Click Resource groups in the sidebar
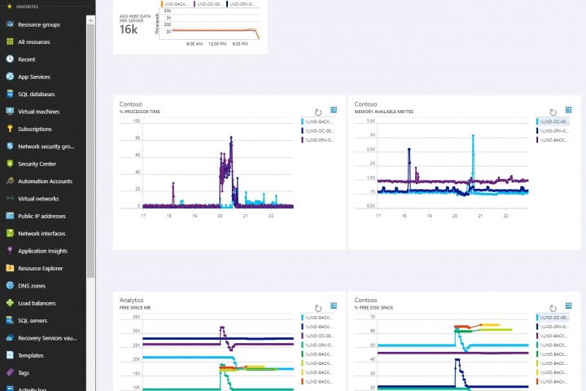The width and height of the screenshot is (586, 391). (38, 24)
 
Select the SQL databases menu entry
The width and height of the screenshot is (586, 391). (37, 94)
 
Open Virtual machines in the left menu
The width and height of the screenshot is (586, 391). (38, 112)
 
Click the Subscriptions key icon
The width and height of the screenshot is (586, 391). (10, 129)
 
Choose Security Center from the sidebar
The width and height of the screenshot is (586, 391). (36, 164)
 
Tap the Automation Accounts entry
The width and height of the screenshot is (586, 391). (45, 181)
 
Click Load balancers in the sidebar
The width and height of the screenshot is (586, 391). (36, 303)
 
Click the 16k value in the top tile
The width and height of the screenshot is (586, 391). (129, 29)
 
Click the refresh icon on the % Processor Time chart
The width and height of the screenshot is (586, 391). (318, 112)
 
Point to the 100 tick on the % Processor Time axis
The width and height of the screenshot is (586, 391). (136, 121)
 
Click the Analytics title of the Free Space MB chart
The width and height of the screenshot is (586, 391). (131, 300)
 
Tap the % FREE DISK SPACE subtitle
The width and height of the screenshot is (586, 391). (376, 307)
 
